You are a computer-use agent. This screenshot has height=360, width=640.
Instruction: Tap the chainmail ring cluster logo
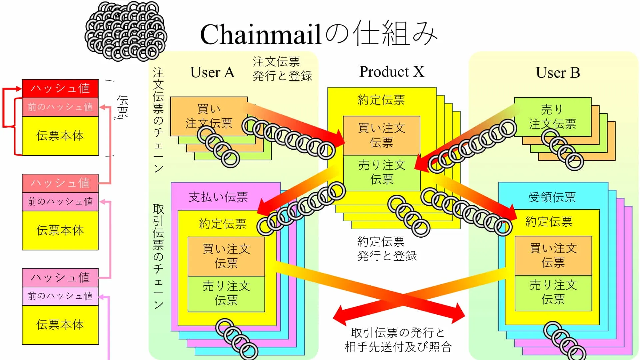[126, 32]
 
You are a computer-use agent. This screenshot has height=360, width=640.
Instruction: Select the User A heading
[212, 72]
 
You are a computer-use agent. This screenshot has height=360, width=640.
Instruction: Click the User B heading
[558, 73]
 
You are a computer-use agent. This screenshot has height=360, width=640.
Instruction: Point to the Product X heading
[391, 72]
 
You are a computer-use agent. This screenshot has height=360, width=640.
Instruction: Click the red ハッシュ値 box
[60, 88]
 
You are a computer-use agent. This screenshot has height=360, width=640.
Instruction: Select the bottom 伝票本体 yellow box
[60, 324]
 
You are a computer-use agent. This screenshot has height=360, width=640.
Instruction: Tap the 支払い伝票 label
[218, 197]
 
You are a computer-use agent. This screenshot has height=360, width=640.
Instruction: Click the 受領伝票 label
[552, 197]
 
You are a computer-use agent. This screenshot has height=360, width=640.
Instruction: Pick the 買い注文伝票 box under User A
[209, 116]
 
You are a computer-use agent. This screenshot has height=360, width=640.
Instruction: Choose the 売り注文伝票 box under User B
[552, 117]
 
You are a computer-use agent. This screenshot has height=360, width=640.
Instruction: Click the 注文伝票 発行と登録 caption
[282, 69]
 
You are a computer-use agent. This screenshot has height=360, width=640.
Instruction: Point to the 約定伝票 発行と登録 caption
[387, 249]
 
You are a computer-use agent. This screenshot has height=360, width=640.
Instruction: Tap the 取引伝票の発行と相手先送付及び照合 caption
[398, 340]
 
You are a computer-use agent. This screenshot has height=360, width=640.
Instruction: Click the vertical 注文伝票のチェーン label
[158, 120]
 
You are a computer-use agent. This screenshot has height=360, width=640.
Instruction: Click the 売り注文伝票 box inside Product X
[382, 172]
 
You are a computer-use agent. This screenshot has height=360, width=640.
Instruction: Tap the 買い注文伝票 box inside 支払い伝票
[226, 256]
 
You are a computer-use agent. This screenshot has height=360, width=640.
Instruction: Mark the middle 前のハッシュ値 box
[60, 201]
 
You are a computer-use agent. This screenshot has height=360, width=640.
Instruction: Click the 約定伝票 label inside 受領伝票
[549, 222]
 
